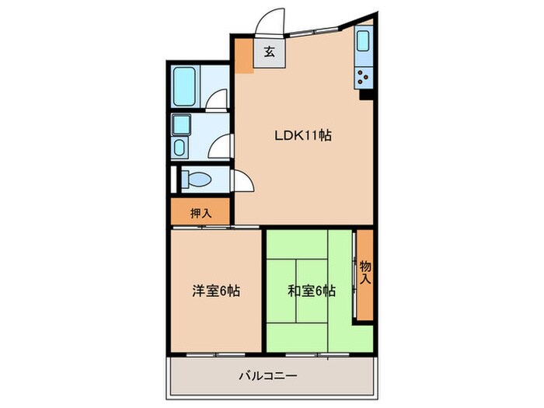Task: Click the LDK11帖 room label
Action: pyautogui.click(x=302, y=135)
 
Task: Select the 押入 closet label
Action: pyautogui.click(x=201, y=211)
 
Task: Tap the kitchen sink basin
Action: pyautogui.click(x=364, y=47)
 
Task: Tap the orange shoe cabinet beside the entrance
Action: pyautogui.click(x=244, y=54)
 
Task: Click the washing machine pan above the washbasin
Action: pyautogui.click(x=181, y=124)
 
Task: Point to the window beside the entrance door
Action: pyautogui.click(x=312, y=30)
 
